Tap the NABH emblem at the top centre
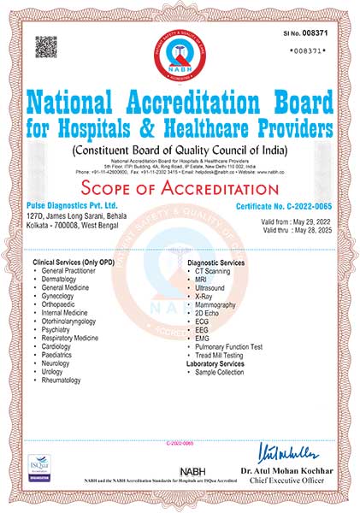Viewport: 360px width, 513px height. click(x=180, y=52)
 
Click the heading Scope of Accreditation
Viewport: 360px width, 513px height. click(x=180, y=188)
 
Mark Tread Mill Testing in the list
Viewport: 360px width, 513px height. click(x=221, y=356)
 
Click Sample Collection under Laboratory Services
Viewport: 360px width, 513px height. click(x=221, y=374)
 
